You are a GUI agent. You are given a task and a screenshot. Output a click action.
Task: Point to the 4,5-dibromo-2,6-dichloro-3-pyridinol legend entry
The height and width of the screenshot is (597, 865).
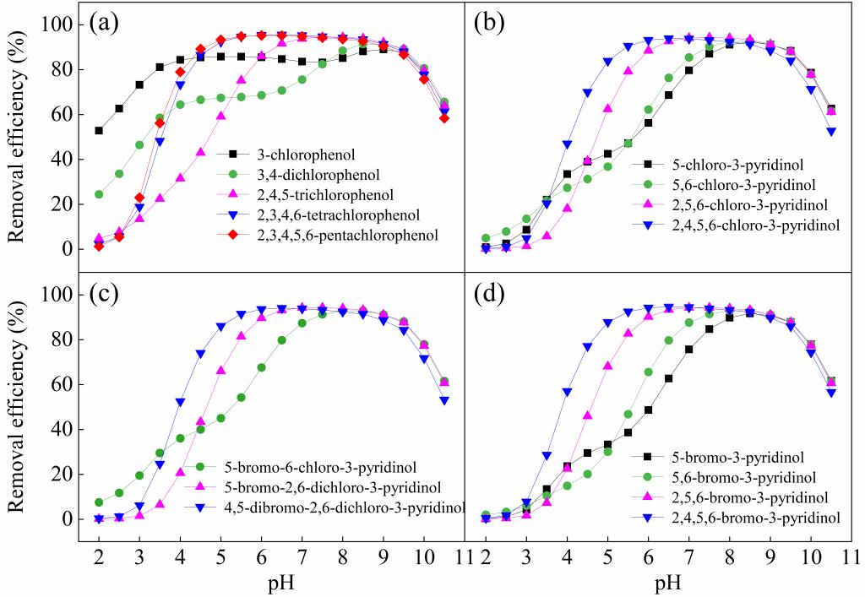[337, 507]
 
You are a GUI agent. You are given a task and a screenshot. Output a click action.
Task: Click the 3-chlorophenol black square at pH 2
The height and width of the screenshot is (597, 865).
[99, 131]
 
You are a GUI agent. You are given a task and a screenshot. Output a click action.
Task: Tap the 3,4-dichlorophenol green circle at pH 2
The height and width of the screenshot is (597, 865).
[99, 194]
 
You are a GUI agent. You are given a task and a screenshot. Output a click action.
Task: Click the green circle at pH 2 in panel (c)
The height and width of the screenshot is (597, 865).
[99, 502]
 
